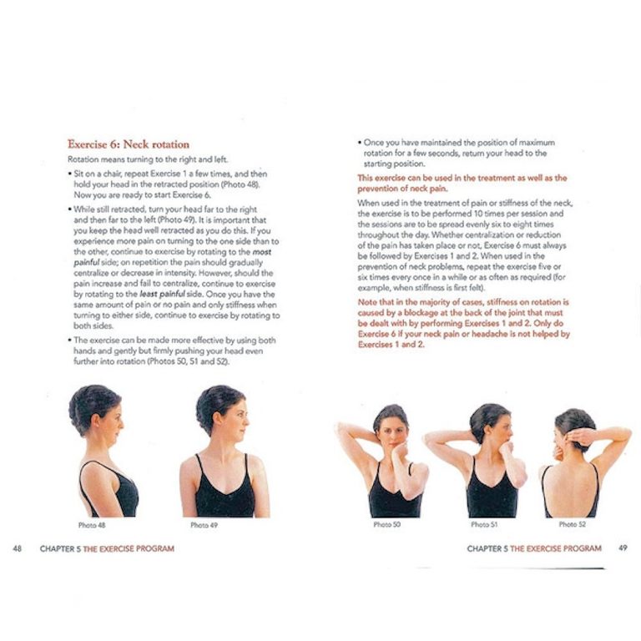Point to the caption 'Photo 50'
pyautogui.click(x=386, y=524)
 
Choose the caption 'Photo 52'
pyautogui.click(x=572, y=524)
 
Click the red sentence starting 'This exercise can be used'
pyautogui.click(x=462, y=182)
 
